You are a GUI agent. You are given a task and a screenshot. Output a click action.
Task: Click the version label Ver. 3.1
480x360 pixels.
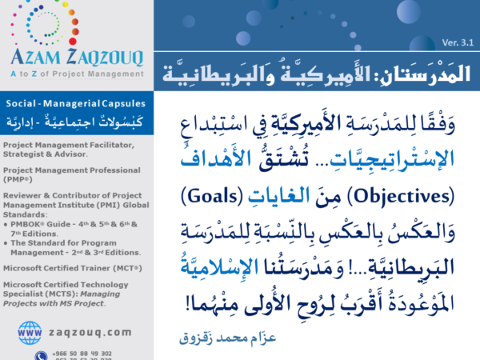[458, 42]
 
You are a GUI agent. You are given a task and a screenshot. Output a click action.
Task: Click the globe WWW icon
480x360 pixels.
[29, 331]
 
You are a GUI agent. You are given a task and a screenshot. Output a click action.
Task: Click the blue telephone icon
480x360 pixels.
[39, 355]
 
